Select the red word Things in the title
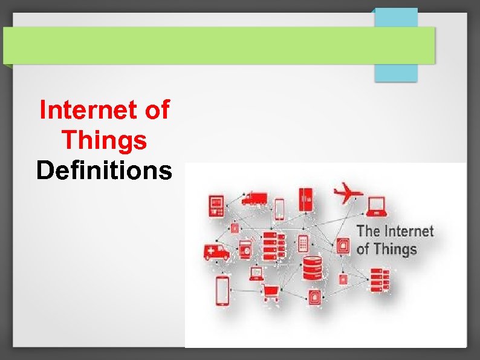point(104,140)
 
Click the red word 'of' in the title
point(157,111)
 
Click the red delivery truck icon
point(254,198)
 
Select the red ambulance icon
point(216,251)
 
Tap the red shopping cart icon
point(271,292)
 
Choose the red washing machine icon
point(245,248)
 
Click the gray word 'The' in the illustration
point(368,231)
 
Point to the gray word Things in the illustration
point(395,249)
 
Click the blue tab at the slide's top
point(395,45)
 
